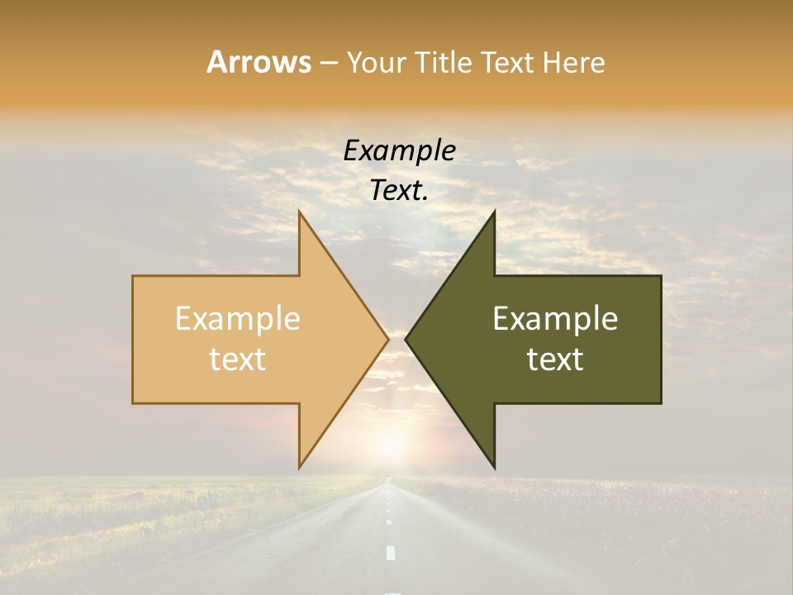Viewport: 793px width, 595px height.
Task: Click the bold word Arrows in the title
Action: coord(258,62)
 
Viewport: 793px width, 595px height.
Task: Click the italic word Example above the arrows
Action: coord(399,151)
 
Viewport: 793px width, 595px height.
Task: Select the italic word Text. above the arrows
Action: coord(399,191)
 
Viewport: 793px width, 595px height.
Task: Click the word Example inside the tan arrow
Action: coord(238,319)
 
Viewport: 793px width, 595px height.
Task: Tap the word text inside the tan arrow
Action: coord(238,359)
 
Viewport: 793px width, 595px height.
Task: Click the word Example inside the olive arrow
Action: coord(555,319)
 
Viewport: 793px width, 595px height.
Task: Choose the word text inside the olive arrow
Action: coord(555,359)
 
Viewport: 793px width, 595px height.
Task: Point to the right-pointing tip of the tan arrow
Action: coord(387,339)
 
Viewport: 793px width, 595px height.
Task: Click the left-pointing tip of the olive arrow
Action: coord(406,339)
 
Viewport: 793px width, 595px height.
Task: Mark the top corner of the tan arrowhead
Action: coord(299,212)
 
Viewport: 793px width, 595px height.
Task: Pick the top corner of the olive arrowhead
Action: coord(494,212)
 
